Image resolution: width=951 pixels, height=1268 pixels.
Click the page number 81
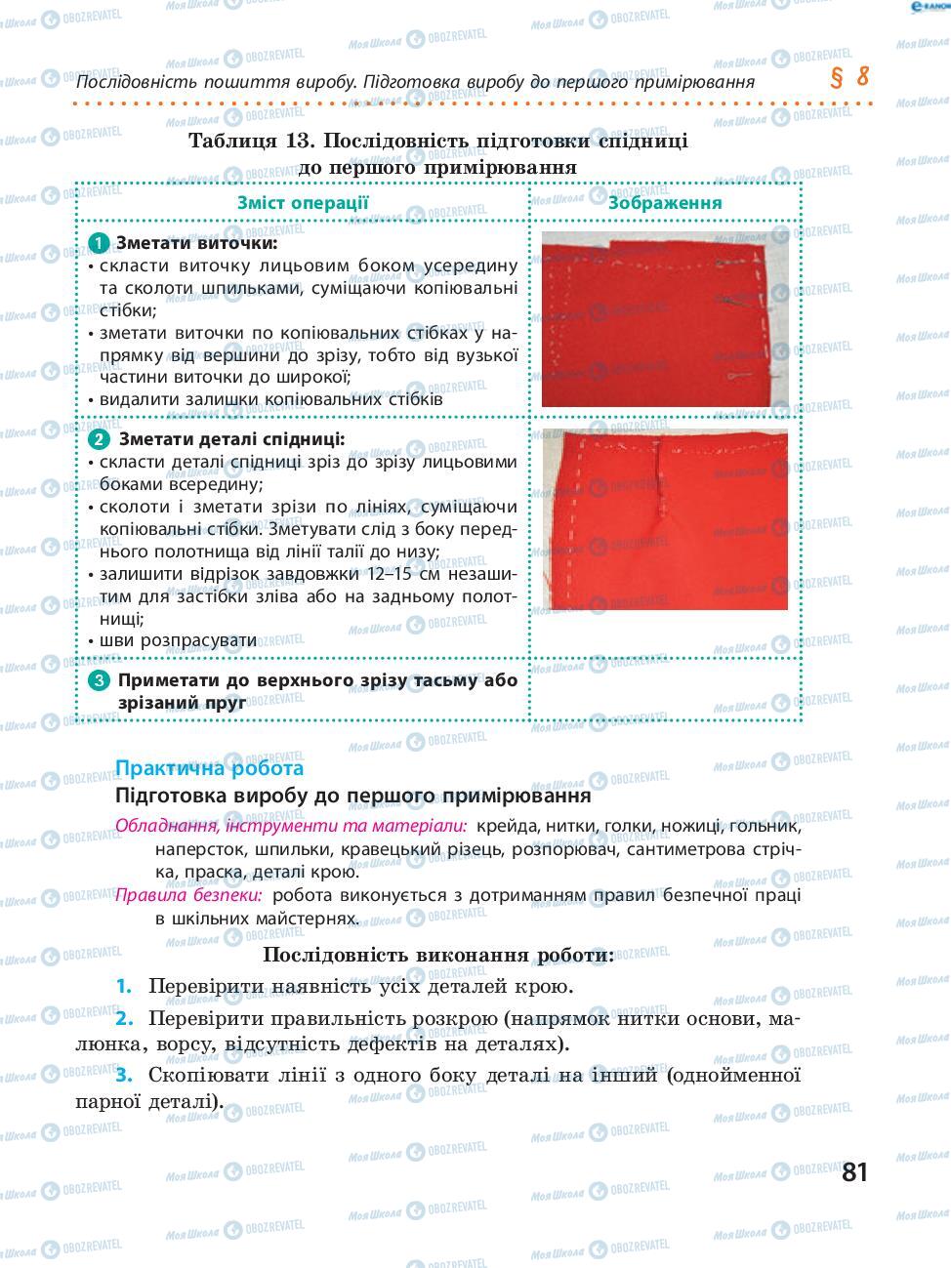click(x=853, y=1171)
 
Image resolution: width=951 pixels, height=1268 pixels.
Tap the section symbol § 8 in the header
click(x=848, y=77)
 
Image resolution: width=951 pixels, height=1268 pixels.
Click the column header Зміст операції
click(x=303, y=202)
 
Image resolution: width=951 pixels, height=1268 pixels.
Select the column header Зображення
click(x=665, y=202)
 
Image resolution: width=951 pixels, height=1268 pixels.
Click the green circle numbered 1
click(x=99, y=243)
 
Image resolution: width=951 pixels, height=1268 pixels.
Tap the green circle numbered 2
click(x=99, y=440)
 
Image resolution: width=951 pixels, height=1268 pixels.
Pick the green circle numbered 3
click(x=99, y=681)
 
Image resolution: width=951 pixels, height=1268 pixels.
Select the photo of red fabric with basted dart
click(x=664, y=519)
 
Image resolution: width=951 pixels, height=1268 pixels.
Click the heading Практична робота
click(x=209, y=767)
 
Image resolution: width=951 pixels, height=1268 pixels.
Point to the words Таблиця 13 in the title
click(x=249, y=140)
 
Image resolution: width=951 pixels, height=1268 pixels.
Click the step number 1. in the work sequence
click(x=123, y=986)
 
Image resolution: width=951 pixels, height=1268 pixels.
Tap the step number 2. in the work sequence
click(x=123, y=1018)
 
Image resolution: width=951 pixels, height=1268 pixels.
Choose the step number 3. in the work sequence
click(x=123, y=1075)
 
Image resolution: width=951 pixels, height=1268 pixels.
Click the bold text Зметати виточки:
click(x=196, y=243)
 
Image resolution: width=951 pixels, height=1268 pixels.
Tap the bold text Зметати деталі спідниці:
click(x=231, y=440)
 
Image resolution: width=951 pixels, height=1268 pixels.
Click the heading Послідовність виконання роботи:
click(x=438, y=954)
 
